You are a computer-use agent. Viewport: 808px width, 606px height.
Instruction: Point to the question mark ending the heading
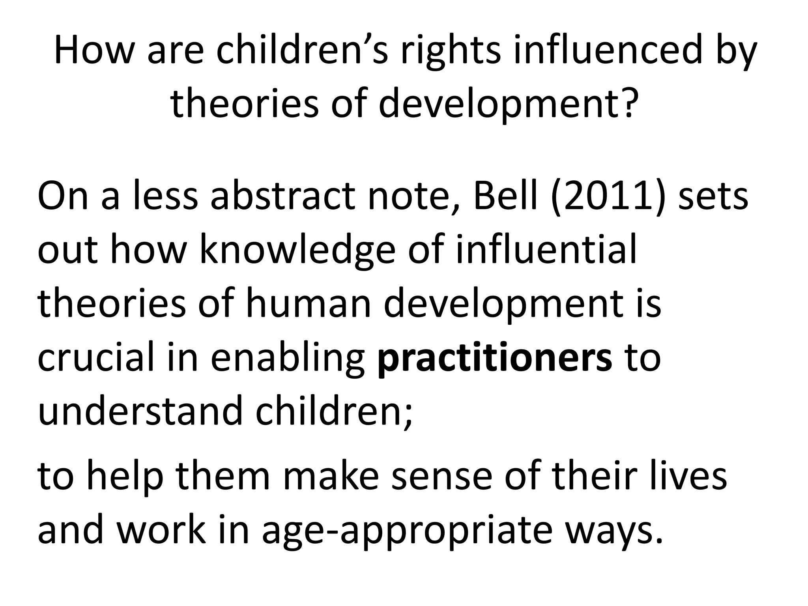(x=626, y=102)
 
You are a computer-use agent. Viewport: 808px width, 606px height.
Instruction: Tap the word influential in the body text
(x=546, y=250)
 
